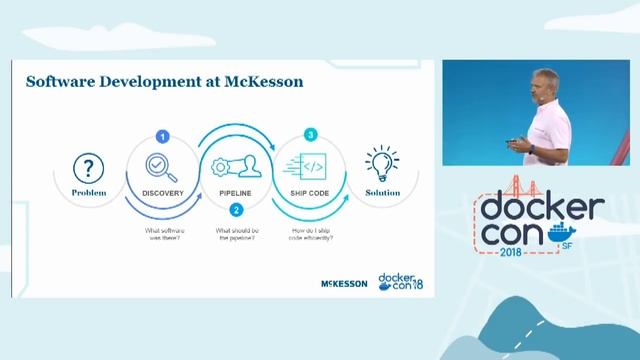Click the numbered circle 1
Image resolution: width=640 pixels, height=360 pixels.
click(163, 135)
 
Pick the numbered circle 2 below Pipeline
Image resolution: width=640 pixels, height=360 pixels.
click(236, 210)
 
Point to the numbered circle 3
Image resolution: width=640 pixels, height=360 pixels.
click(311, 134)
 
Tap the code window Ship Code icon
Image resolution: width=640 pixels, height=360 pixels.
click(310, 166)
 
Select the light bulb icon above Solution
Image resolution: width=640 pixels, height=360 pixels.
click(382, 163)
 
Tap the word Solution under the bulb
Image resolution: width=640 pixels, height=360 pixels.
click(382, 191)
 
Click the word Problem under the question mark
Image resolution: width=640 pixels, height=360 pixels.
click(90, 191)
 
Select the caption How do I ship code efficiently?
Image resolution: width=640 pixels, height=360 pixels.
click(311, 236)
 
